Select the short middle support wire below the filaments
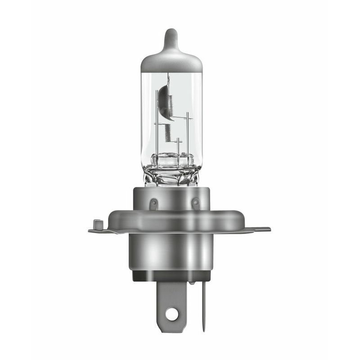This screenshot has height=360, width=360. [178, 146]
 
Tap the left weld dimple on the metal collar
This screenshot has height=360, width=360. [153, 203]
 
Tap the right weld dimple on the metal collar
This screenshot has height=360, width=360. [195, 203]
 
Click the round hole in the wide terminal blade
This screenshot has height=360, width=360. [171, 315]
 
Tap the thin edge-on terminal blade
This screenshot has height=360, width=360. [203, 306]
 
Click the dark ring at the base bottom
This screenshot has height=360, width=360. [171, 275]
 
